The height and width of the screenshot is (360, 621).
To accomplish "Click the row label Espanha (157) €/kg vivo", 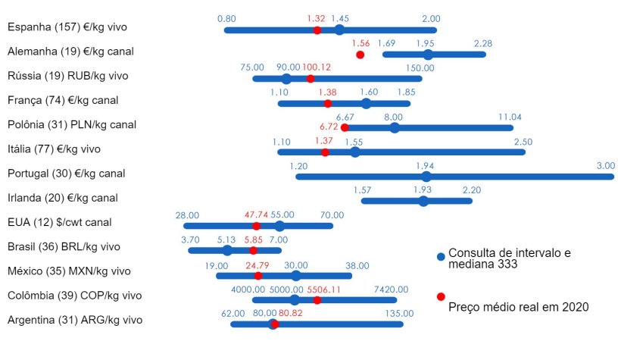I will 67,27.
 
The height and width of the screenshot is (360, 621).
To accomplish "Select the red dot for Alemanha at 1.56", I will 360,55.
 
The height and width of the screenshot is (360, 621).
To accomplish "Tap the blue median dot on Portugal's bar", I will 426,177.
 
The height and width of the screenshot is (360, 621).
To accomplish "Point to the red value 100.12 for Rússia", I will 317,67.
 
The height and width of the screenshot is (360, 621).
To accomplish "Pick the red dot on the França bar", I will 328,103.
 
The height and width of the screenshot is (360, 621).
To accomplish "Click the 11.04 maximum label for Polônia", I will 510,117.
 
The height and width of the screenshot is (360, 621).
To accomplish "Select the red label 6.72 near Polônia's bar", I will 329,127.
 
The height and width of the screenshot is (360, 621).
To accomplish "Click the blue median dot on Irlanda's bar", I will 423,201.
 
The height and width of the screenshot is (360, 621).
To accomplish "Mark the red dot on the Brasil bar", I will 253,250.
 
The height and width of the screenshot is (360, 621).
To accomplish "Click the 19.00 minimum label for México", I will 217,266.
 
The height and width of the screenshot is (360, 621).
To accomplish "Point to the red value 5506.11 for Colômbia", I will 326,290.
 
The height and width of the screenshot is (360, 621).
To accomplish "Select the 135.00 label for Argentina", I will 400,313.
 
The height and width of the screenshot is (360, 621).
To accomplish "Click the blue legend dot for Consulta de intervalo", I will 440,257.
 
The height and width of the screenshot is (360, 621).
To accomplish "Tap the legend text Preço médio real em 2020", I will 518,307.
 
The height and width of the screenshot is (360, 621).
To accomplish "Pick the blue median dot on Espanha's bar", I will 339,30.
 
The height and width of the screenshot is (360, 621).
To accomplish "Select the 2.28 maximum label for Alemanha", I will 483,43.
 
